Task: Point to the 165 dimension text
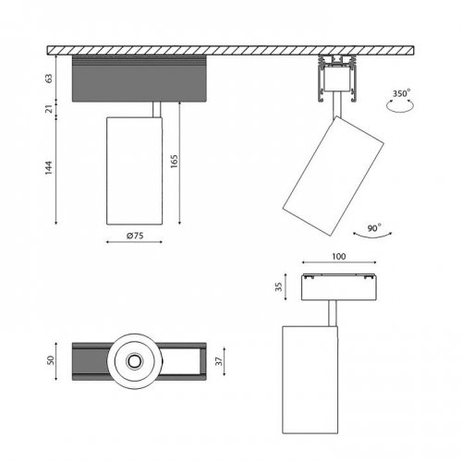(174, 167)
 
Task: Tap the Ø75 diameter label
(137, 237)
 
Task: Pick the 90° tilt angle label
(373, 225)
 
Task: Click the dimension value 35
(291, 286)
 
